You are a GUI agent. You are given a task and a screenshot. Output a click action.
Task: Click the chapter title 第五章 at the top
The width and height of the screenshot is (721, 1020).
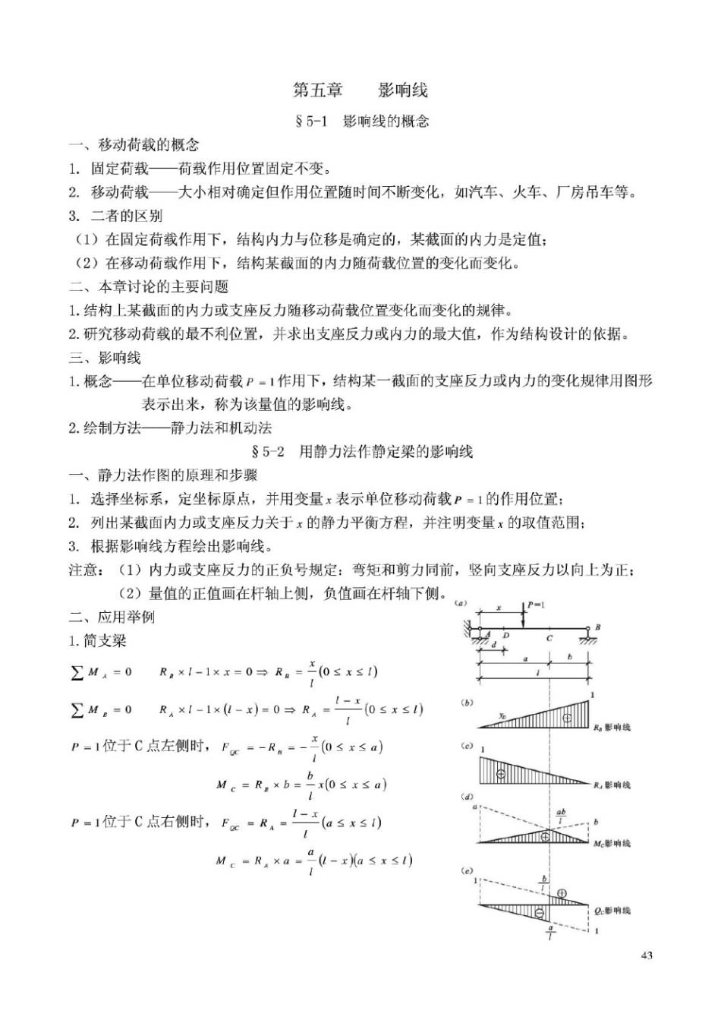tap(318, 90)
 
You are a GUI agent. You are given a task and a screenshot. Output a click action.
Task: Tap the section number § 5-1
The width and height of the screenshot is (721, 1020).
tap(310, 122)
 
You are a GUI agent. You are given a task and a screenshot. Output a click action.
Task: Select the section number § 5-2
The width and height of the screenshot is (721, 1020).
tap(267, 452)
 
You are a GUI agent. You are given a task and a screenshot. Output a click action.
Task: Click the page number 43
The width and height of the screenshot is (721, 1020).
tap(647, 955)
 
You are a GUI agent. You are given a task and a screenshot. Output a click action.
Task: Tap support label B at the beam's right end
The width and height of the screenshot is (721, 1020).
tap(597, 627)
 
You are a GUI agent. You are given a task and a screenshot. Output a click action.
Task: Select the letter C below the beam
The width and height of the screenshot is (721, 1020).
tap(549, 639)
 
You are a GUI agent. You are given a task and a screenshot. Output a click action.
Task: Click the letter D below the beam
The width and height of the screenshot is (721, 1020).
tap(506, 636)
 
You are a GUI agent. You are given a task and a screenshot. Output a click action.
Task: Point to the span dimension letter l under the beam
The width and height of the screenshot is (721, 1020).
tap(537, 673)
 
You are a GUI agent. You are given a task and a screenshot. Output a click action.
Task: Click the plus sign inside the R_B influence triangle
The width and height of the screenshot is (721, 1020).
tap(567, 718)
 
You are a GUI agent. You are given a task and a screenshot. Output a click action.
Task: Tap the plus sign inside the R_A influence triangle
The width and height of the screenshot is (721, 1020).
tap(500, 773)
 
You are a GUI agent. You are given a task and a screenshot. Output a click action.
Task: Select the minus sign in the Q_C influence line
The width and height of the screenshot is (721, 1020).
tap(540, 912)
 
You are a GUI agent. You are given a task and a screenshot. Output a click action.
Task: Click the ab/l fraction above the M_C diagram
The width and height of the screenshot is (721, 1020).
tap(561, 816)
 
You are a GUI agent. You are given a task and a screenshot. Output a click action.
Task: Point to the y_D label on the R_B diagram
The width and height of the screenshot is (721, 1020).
tap(502, 715)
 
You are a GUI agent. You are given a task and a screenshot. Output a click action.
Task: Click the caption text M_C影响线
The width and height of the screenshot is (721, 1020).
tap(612, 843)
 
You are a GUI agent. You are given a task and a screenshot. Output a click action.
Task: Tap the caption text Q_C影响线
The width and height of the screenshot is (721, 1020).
tap(612, 910)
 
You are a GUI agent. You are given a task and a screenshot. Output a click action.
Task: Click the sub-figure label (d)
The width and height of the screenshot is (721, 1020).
tap(467, 797)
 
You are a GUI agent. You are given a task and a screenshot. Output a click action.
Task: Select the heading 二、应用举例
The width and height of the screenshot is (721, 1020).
tap(112, 617)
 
